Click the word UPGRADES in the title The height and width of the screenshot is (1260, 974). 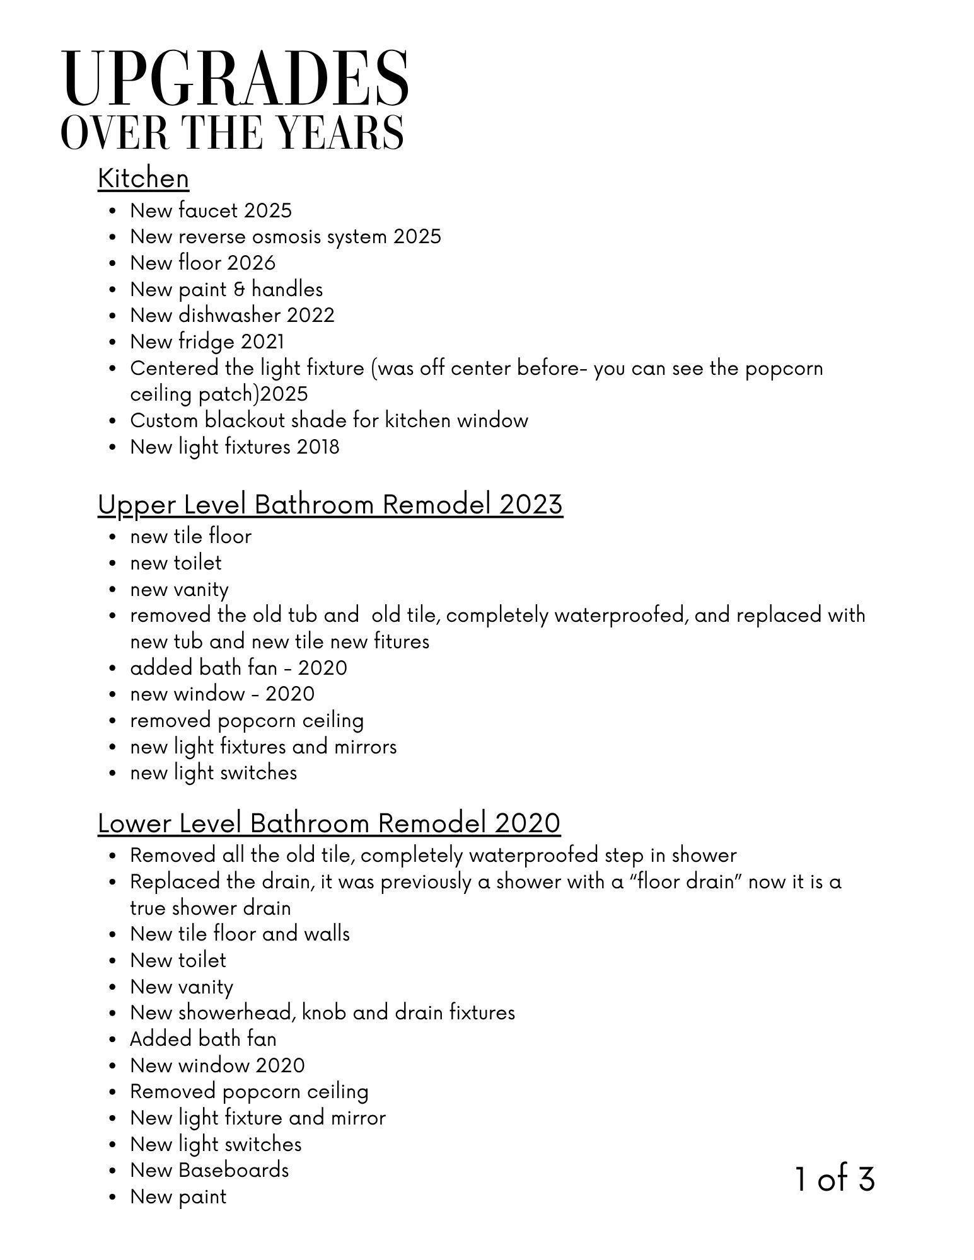235,79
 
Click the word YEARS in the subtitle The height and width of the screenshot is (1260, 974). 340,133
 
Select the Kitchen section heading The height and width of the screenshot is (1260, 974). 143,178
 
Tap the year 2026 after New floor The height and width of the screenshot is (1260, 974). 252,263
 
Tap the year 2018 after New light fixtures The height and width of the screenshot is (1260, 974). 318,447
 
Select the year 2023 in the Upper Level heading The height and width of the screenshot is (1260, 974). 531,505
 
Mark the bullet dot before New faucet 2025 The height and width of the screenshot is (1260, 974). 113,211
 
